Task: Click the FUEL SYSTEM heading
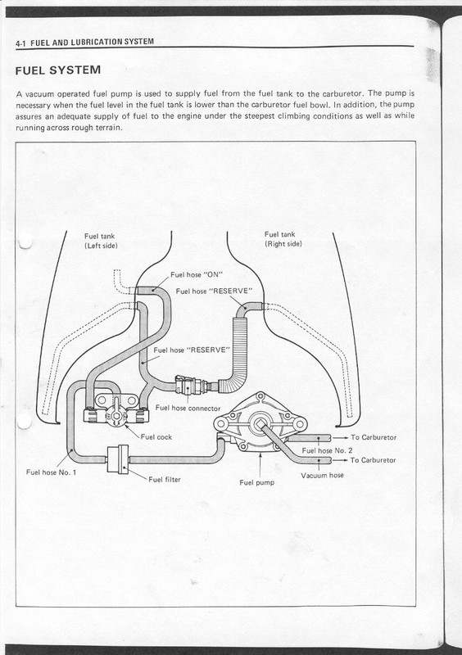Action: point(58,70)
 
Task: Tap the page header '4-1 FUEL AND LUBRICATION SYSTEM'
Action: point(84,42)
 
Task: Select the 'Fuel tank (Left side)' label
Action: point(101,241)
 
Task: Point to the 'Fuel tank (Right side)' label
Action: point(283,239)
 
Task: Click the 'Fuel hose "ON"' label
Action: point(197,274)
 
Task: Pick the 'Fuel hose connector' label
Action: point(188,408)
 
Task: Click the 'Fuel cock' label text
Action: point(156,437)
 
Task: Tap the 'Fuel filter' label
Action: point(165,479)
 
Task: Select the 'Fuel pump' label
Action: point(256,482)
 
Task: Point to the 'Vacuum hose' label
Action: point(322,475)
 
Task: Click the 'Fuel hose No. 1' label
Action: point(51,472)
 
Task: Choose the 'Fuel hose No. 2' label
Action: point(327,450)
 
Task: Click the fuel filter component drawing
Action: point(118,459)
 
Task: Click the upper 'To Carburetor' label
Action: point(374,437)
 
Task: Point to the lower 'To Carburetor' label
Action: point(373,460)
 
